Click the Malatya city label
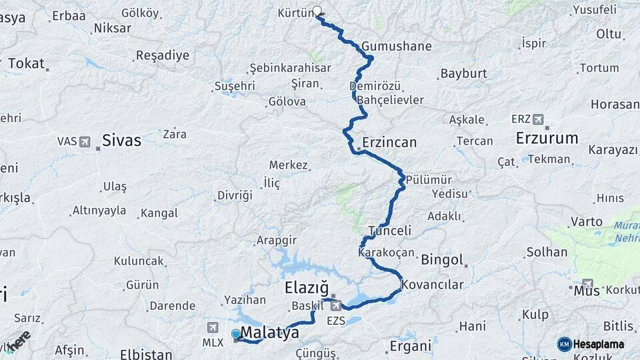click(269, 333)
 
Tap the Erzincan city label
click(389, 143)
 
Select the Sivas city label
click(121, 140)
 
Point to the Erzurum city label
click(547, 139)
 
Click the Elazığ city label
click(307, 288)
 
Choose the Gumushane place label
click(397, 47)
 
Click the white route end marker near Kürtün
click(317, 11)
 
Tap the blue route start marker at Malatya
click(236, 334)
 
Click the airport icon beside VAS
click(85, 141)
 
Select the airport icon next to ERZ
click(538, 119)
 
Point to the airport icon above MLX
click(212, 327)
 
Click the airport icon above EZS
click(335, 305)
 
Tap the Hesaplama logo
click(591, 344)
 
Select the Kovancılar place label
click(432, 285)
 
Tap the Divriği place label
click(235, 195)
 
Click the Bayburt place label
click(463, 73)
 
